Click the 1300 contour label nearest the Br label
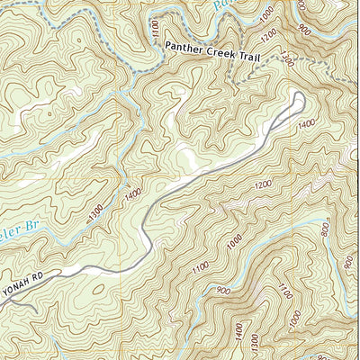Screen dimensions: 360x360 [x=96, y=213]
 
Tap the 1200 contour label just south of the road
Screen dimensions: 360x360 [x=262, y=185]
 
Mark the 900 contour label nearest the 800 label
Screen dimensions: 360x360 [x=348, y=262]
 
